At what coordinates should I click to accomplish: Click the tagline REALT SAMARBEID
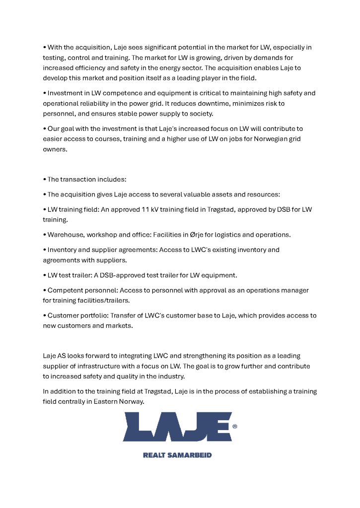(177, 455)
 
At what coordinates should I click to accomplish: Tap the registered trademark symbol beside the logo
(234, 426)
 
